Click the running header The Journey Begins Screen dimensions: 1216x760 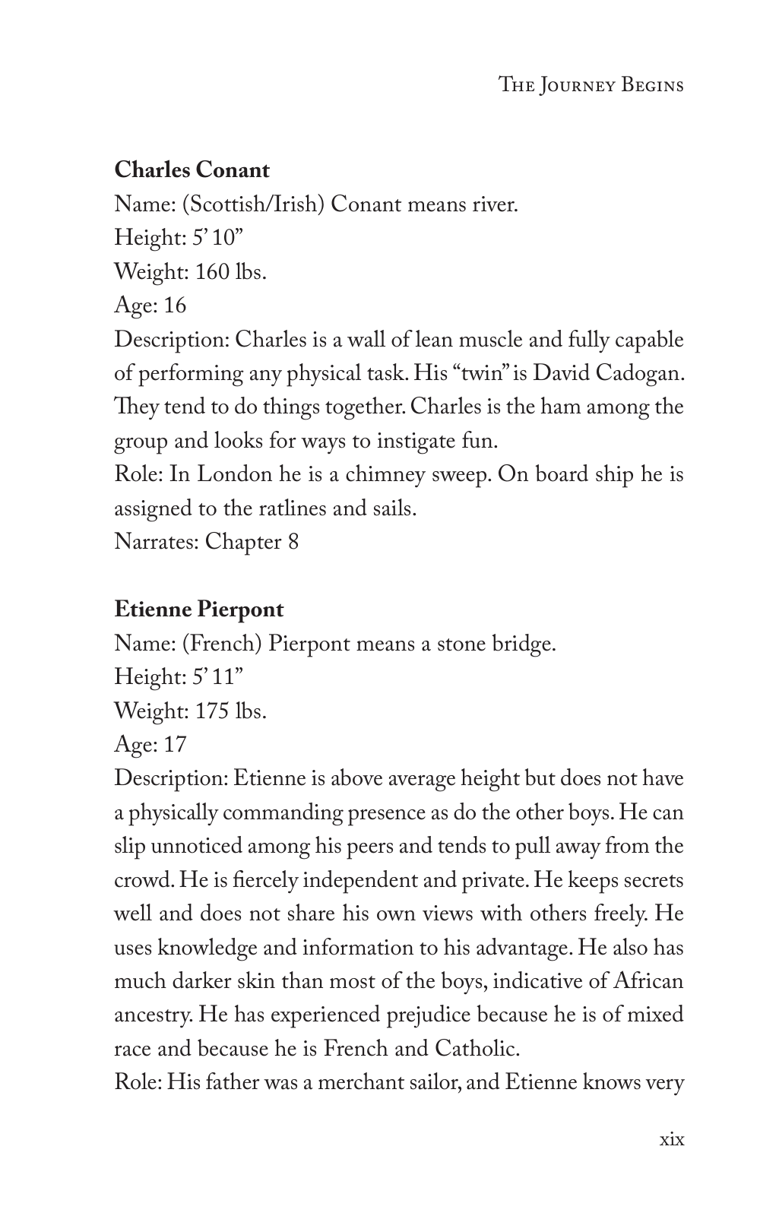591,84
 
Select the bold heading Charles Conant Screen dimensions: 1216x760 192,170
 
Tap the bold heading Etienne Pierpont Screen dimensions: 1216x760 199,610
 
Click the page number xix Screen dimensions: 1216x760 672,1139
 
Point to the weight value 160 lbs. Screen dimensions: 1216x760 231,271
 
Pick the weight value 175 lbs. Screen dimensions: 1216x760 231,711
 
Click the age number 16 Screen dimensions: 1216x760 174,306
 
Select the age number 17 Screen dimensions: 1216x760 174,745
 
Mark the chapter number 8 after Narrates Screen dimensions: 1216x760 293,542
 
